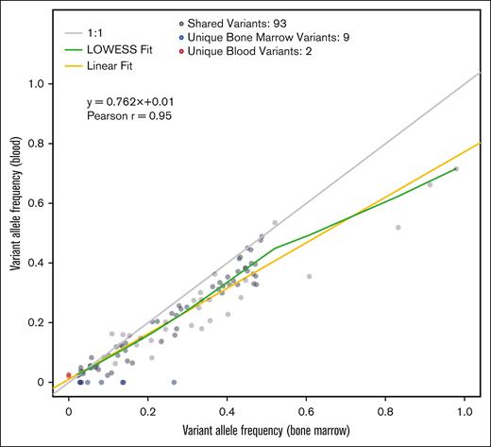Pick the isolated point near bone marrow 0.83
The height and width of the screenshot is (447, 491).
click(x=398, y=227)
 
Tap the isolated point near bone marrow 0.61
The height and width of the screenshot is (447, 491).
click(x=309, y=276)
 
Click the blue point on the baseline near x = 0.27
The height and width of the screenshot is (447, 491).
click(x=174, y=382)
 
